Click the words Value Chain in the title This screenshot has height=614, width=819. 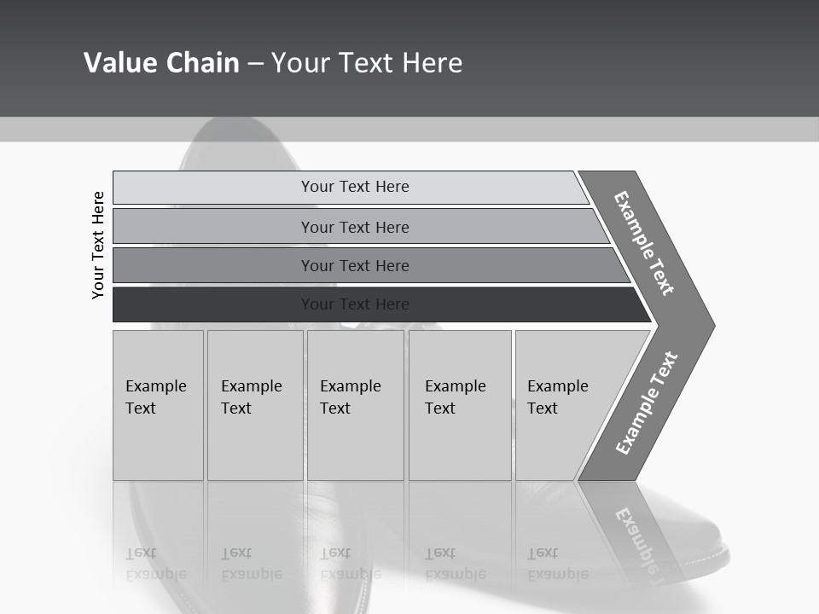coord(161,63)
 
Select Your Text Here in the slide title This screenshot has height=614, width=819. coord(367,63)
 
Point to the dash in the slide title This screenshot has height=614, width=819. coord(255,64)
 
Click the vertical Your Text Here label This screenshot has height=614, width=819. coord(98,245)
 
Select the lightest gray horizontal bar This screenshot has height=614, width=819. coord(350,187)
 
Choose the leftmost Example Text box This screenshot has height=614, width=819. coord(158,405)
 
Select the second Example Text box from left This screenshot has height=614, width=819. coord(255,405)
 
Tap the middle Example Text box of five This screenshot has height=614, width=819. coord(355,405)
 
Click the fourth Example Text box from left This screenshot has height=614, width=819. coord(460,405)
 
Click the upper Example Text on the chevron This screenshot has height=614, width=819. coord(644,243)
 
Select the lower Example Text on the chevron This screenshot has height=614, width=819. coord(647,403)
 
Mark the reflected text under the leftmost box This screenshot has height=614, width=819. coord(156,565)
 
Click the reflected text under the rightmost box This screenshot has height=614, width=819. coord(558,565)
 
